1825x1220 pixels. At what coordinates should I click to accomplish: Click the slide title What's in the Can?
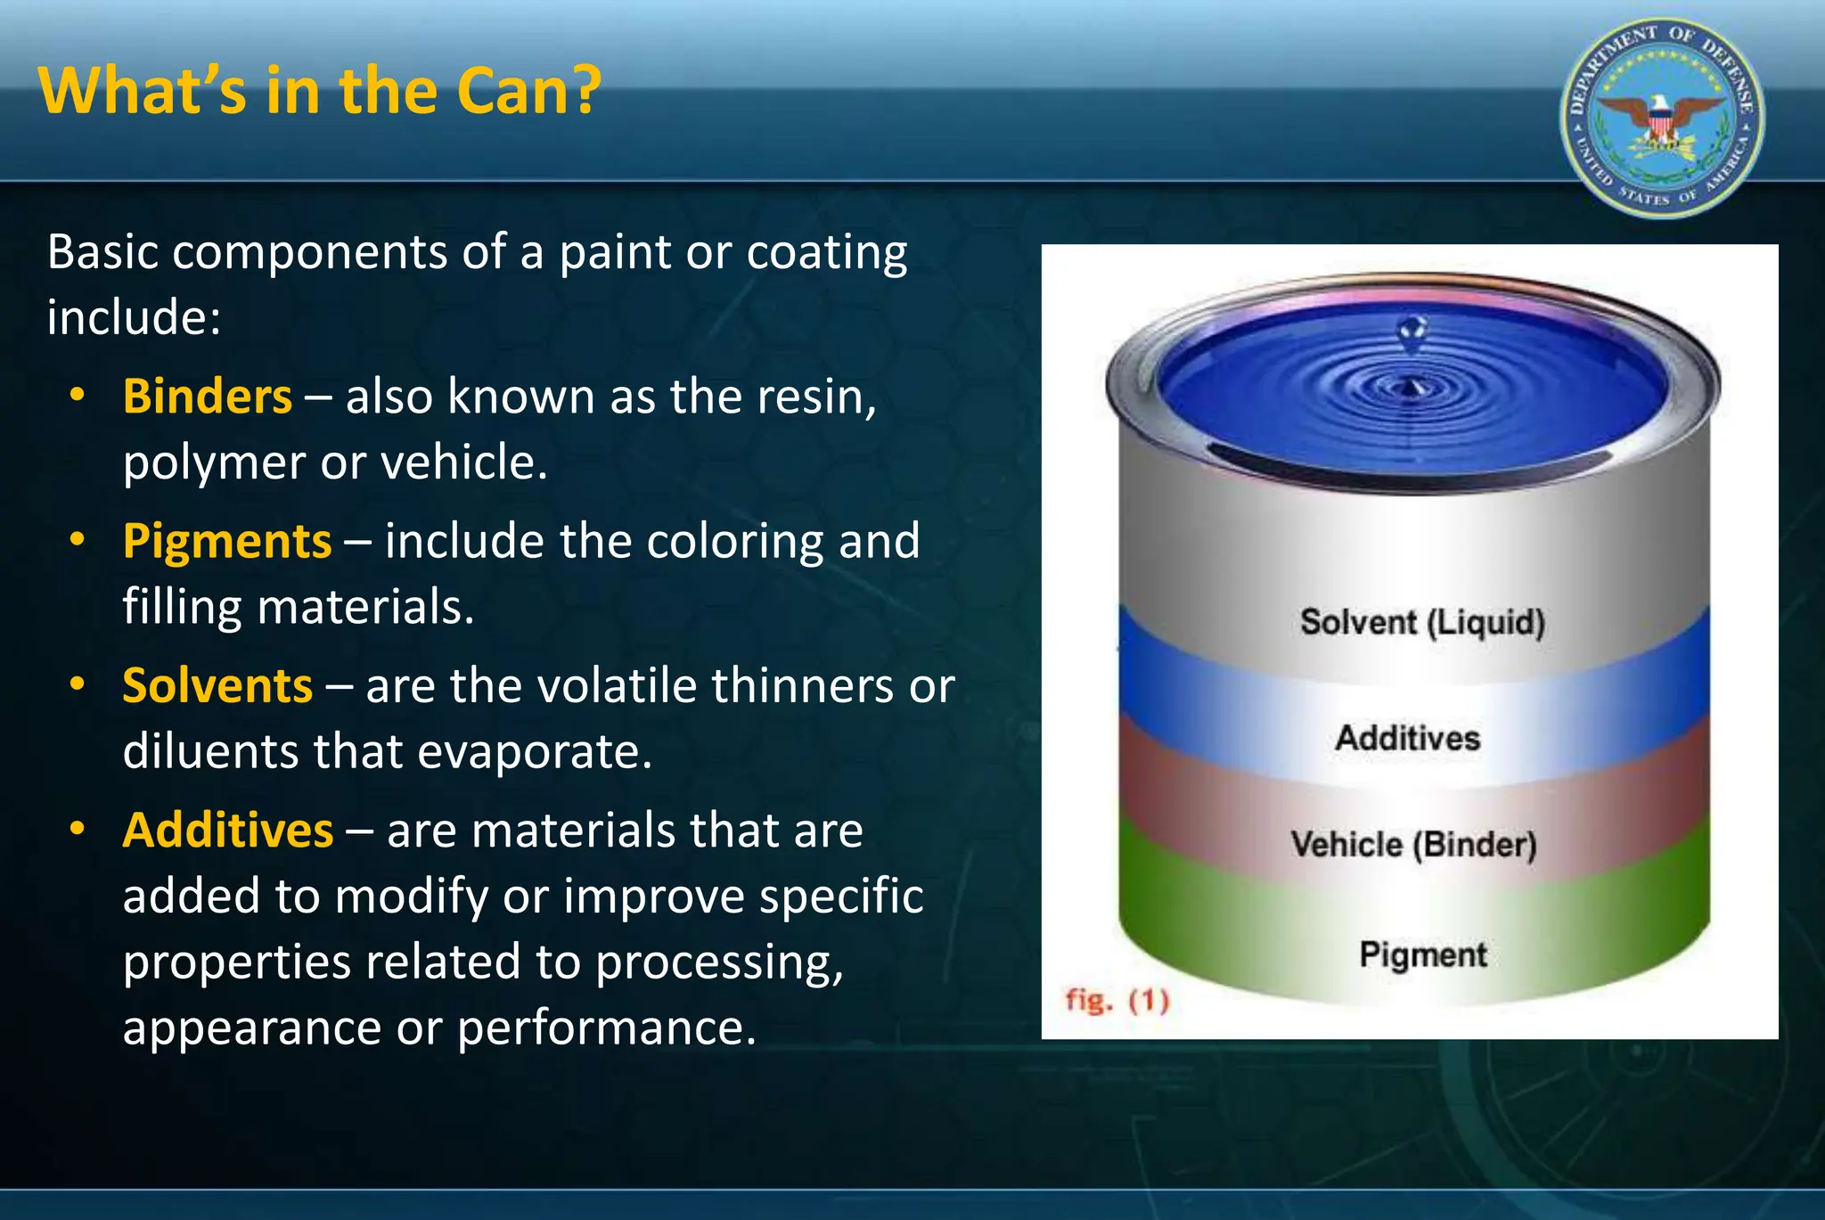pyautogui.click(x=320, y=92)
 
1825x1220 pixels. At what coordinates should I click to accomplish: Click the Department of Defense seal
pyautogui.click(x=1661, y=119)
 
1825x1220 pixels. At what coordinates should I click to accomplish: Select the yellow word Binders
pyautogui.click(x=207, y=397)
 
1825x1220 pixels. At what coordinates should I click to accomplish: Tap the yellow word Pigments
pyautogui.click(x=226, y=541)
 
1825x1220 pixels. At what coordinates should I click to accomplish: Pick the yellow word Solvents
pyautogui.click(x=217, y=685)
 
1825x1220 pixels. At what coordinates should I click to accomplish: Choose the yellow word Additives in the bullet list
pyautogui.click(x=228, y=831)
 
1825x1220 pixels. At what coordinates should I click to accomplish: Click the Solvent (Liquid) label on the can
pyautogui.click(x=1422, y=622)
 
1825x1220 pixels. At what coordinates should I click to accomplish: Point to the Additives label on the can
pyautogui.click(x=1407, y=738)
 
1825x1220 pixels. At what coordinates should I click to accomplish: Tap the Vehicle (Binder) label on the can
pyautogui.click(x=1414, y=844)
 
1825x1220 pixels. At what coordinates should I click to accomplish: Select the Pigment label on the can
pyautogui.click(x=1422, y=954)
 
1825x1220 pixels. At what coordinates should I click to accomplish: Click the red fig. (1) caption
pyautogui.click(x=1117, y=1000)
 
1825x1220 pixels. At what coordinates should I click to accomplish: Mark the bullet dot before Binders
pyautogui.click(x=78, y=395)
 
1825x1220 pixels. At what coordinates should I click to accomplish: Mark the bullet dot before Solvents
pyautogui.click(x=78, y=684)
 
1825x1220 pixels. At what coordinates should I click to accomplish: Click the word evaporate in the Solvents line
pyautogui.click(x=535, y=752)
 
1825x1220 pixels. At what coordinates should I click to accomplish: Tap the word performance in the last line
pyautogui.click(x=606, y=1028)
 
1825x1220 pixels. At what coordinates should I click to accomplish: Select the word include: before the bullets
pyautogui.click(x=134, y=317)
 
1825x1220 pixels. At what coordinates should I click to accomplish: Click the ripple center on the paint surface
pyautogui.click(x=1411, y=389)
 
